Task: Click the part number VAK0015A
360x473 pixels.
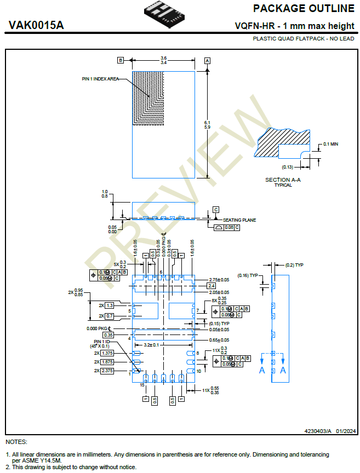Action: (x=36, y=25)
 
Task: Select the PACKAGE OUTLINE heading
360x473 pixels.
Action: (x=304, y=9)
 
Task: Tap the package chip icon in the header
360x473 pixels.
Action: (x=164, y=15)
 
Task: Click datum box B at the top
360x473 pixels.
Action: (x=120, y=60)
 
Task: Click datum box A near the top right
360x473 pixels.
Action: (x=207, y=60)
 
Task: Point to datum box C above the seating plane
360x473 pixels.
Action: (x=216, y=210)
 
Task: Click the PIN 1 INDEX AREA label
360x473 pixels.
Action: (x=100, y=79)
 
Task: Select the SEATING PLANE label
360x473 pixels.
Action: (x=239, y=220)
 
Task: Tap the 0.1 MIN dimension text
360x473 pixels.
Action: (x=330, y=143)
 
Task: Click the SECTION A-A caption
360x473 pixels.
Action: (x=283, y=180)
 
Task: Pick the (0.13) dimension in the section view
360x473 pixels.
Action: (x=288, y=166)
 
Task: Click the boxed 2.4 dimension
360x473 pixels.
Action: (x=212, y=286)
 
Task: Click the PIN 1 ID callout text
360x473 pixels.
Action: (x=100, y=342)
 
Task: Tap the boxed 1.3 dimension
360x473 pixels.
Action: (x=110, y=305)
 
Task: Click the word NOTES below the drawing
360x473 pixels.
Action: (x=16, y=442)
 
